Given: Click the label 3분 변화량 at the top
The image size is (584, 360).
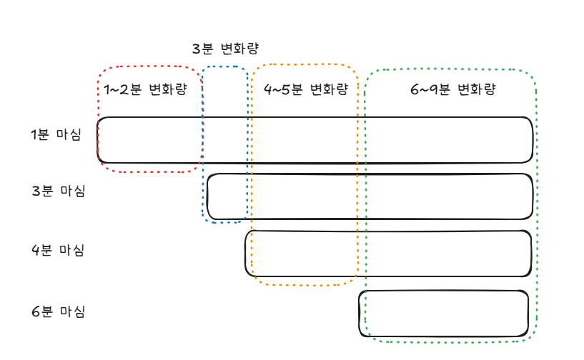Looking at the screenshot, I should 225,49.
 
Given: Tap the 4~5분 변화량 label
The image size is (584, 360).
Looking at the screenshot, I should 305,90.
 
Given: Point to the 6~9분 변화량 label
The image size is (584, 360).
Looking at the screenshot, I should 452,90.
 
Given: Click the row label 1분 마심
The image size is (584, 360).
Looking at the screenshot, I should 56,135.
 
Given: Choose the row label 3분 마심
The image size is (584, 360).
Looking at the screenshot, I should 58,191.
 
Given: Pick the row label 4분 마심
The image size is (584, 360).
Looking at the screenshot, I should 58,251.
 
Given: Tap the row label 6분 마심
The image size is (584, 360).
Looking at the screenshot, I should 58,312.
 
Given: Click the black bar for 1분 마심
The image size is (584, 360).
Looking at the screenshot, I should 315,139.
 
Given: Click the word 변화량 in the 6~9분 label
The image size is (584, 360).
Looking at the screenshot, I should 476,90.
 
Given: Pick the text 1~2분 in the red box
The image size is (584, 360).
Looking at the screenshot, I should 123,90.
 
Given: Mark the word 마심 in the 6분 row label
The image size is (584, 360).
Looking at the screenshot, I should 72,312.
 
